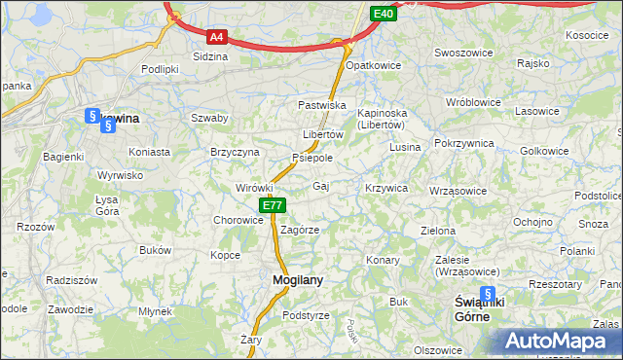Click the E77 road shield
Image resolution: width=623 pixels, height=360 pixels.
272,205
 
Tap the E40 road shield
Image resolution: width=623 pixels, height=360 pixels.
384,14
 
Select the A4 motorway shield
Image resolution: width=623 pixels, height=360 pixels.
217,38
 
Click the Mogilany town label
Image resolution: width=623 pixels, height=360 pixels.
291,279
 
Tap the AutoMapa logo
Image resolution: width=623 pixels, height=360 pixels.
555,342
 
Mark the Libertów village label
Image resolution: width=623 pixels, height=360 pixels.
322,134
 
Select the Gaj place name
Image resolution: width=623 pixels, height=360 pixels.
320,185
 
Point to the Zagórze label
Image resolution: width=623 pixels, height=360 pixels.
300,231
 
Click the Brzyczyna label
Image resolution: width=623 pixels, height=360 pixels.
235,153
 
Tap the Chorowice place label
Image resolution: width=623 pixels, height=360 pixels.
238,220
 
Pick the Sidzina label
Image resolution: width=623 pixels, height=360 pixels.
210,56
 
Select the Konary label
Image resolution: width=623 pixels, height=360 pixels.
383,261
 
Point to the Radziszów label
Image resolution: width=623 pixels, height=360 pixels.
71,279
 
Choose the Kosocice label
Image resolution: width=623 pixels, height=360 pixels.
586,35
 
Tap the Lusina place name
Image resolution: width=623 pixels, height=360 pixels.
404,147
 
